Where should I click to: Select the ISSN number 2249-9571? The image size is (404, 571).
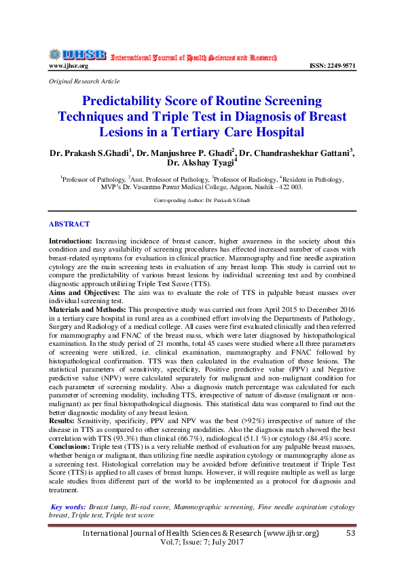coord(332,66)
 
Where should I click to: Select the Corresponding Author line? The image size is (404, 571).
coord(202,201)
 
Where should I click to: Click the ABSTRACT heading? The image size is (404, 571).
coord(69,223)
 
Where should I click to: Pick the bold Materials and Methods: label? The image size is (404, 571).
coord(88,308)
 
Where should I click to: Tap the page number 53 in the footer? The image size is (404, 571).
coord(350,534)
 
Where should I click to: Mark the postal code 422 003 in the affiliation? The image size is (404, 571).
coord(287,186)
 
